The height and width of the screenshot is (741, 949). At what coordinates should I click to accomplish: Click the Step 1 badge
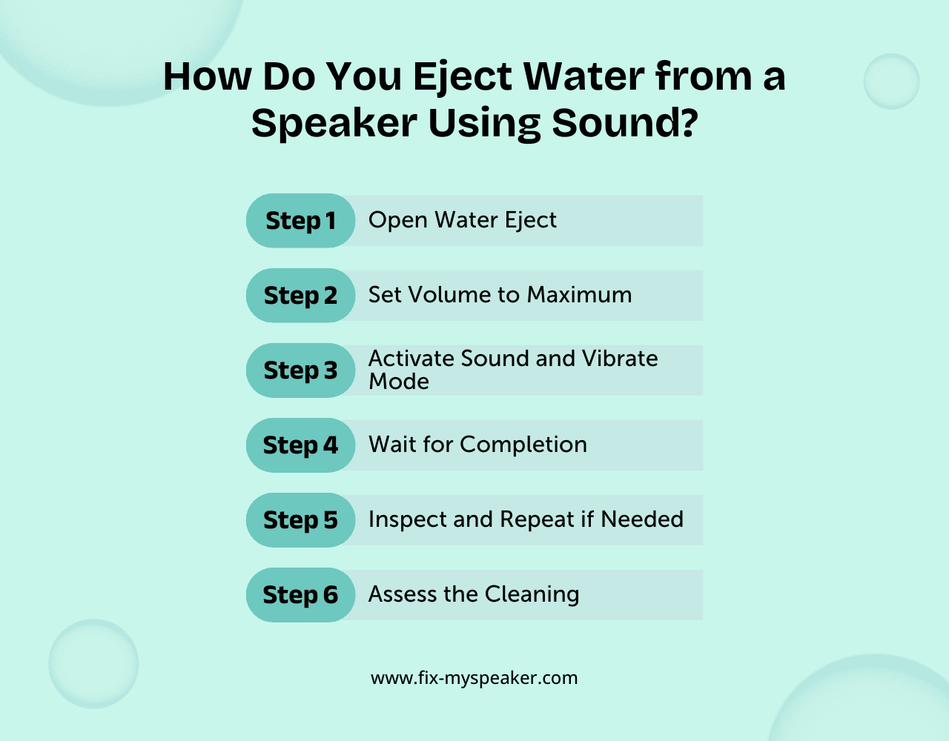[300, 221]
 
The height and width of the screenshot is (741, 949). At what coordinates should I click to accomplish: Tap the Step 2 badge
[300, 296]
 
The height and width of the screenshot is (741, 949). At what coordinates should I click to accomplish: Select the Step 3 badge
[300, 370]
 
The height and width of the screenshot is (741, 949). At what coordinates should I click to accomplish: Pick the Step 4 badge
[300, 445]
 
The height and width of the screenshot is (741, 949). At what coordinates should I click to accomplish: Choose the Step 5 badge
[300, 520]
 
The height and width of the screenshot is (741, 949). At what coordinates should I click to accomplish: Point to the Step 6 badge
[300, 595]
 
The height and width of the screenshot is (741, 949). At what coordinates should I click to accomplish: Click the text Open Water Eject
[462, 220]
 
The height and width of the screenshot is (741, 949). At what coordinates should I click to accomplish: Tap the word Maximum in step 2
[579, 295]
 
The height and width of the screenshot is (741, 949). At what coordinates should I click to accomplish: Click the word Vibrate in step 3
[620, 359]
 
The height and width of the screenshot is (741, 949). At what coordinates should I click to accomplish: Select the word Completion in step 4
[523, 445]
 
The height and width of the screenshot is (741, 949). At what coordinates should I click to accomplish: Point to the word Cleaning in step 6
[532, 594]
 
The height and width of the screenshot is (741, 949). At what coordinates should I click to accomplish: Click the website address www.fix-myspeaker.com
[474, 678]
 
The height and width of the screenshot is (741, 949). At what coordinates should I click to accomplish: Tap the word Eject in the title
[463, 77]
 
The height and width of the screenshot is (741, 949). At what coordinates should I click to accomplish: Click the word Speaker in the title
[334, 123]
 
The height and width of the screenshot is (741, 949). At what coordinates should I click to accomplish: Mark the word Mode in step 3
[399, 382]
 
